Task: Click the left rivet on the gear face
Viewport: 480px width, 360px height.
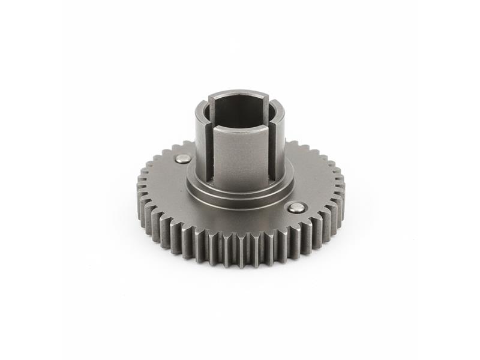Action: (x=183, y=158)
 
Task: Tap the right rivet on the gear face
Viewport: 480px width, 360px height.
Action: (x=296, y=208)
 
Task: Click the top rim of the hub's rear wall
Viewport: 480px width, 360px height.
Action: (x=240, y=94)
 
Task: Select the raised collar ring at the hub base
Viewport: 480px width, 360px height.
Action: (x=240, y=195)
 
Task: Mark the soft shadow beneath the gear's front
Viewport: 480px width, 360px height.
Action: (x=240, y=273)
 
